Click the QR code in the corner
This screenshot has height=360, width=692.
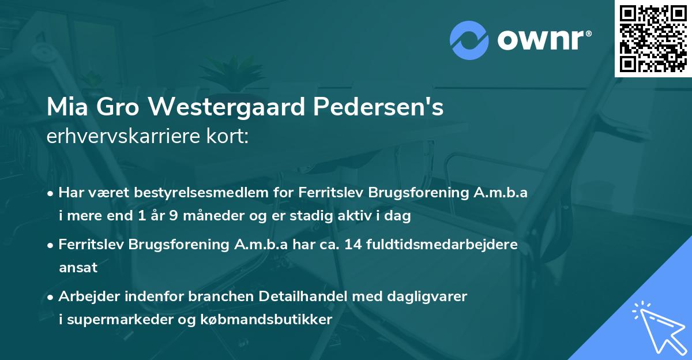point(653,38)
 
